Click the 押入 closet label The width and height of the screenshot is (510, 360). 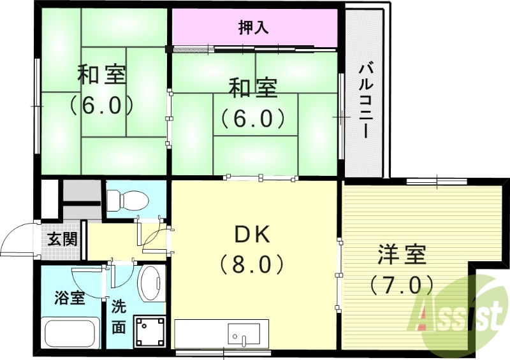(x=254, y=27)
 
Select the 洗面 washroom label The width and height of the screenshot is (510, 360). (x=119, y=317)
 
